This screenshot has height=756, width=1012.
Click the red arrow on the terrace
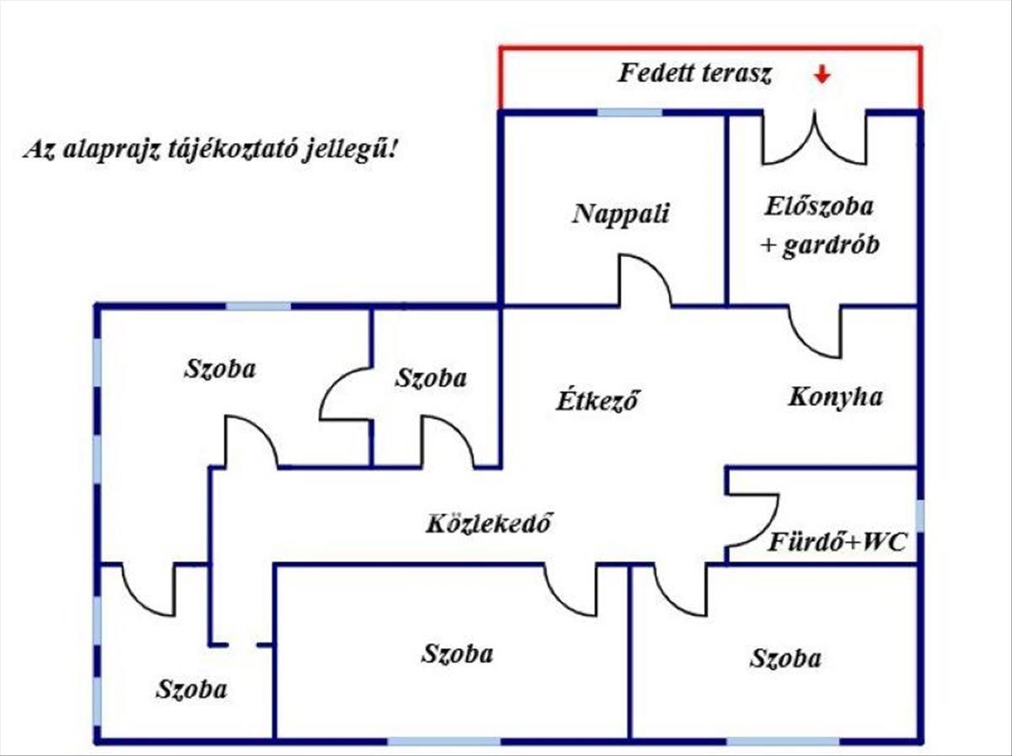pyautogui.click(x=822, y=76)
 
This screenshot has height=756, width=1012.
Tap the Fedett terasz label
pyautogui.click(x=695, y=73)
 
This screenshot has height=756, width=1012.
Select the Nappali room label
pyautogui.click(x=621, y=213)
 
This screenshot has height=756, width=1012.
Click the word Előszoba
pyautogui.click(x=820, y=206)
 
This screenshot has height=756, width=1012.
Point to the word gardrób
pyautogui.click(x=831, y=246)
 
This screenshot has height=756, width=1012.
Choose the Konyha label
pyautogui.click(x=835, y=397)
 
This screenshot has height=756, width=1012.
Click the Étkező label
pyautogui.click(x=595, y=400)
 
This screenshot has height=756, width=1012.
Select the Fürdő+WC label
pyautogui.click(x=837, y=543)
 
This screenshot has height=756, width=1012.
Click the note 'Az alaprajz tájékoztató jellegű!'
pyautogui.click(x=211, y=151)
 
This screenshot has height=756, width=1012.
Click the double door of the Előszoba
pyautogui.click(x=814, y=140)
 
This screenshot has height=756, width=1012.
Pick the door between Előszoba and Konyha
pyautogui.click(x=815, y=330)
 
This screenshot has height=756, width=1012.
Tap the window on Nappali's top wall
pyautogui.click(x=629, y=112)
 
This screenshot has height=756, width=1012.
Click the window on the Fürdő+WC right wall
pyautogui.click(x=918, y=516)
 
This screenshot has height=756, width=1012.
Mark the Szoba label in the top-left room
pyautogui.click(x=219, y=369)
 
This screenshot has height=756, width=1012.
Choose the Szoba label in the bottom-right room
pyautogui.click(x=785, y=658)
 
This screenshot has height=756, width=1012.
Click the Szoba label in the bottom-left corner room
pyautogui.click(x=191, y=689)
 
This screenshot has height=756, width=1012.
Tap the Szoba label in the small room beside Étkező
pyautogui.click(x=430, y=378)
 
